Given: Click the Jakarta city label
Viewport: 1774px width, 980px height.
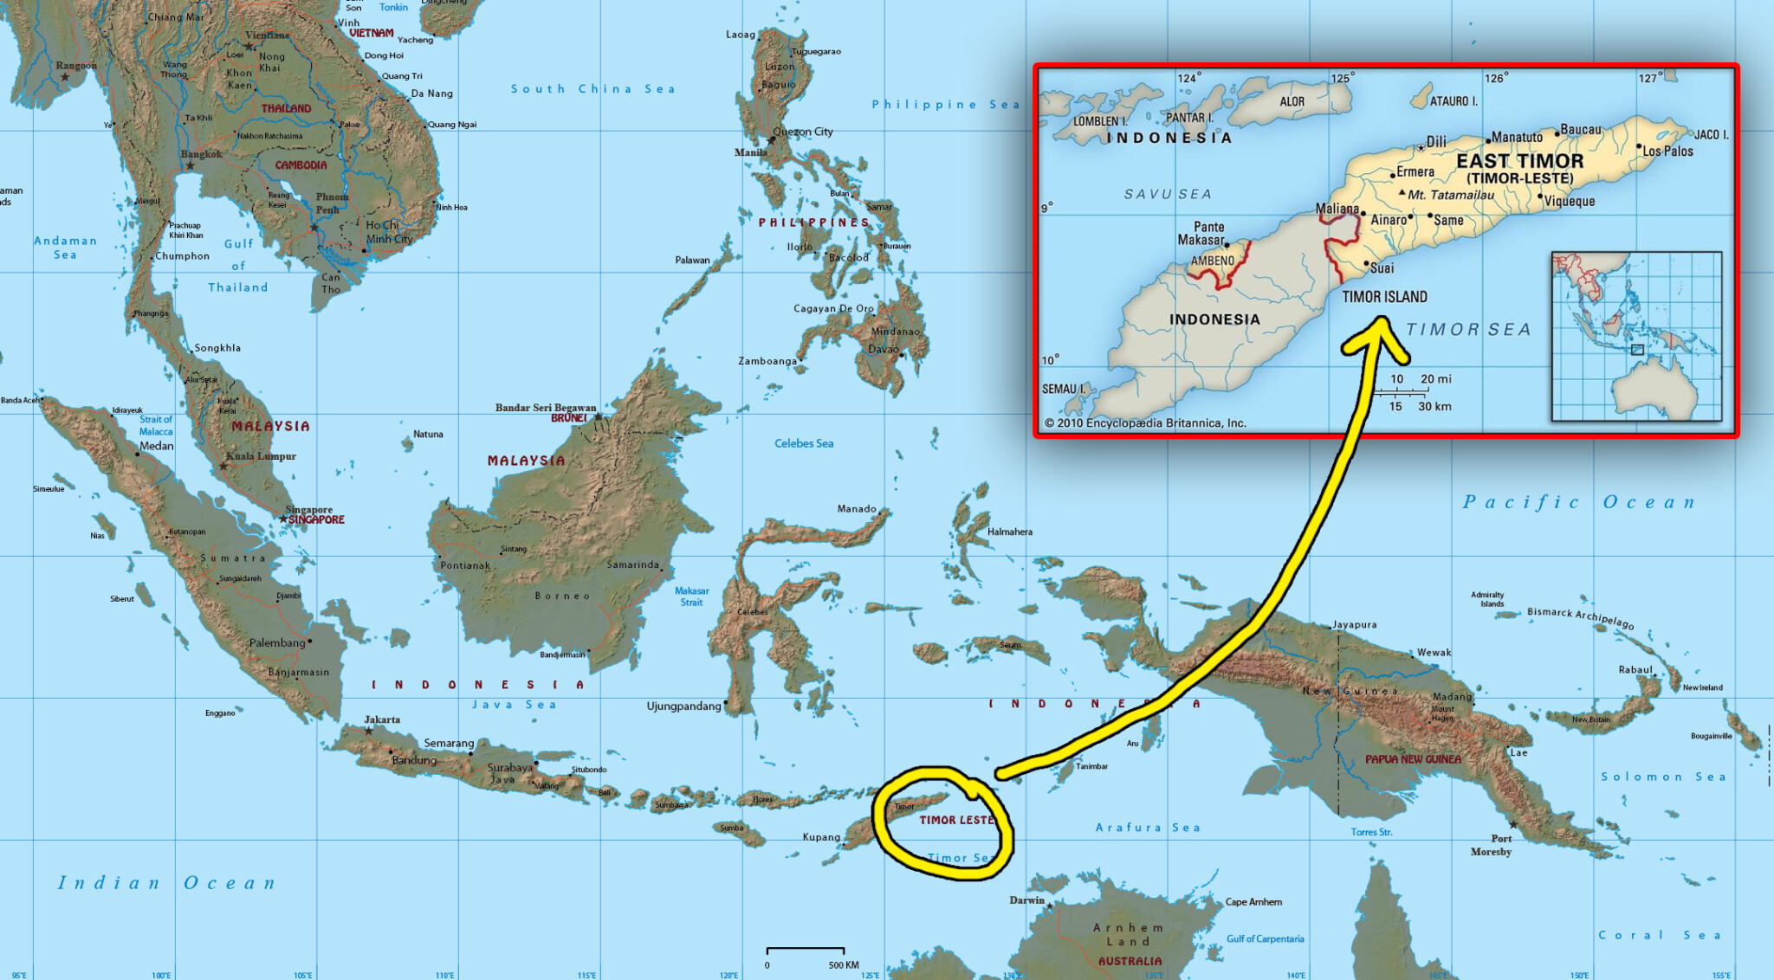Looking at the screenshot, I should [382, 719].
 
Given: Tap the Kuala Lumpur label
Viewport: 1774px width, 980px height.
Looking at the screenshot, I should [261, 456].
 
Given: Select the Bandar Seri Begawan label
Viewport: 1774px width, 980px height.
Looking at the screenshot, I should [546, 407].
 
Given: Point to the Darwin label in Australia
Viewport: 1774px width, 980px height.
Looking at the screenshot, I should [1026, 900].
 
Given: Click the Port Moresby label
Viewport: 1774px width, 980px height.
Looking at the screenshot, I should [1492, 845].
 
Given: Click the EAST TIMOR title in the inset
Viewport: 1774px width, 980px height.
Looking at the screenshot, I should [1519, 161].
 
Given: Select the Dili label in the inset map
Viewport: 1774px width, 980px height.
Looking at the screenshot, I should [1436, 141].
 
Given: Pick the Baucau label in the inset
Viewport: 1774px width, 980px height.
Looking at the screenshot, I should [1581, 130].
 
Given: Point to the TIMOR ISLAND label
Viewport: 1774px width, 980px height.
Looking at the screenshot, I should [1384, 297].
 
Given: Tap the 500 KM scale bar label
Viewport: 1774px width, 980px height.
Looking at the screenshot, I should [843, 964].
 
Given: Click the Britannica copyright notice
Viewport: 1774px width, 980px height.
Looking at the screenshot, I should [1144, 423].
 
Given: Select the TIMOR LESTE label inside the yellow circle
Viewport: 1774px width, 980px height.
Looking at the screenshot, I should [956, 820].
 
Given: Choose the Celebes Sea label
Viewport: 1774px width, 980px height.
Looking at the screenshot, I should [804, 443].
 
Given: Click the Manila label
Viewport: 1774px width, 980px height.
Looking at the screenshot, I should [750, 152].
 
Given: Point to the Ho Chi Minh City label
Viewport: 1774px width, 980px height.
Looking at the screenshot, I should [388, 232].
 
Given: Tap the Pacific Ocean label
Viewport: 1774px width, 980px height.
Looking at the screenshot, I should [1578, 502].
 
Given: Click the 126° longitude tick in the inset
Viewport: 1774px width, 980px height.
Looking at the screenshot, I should [1496, 78].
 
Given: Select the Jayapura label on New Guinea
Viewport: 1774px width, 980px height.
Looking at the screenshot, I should [1354, 624].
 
